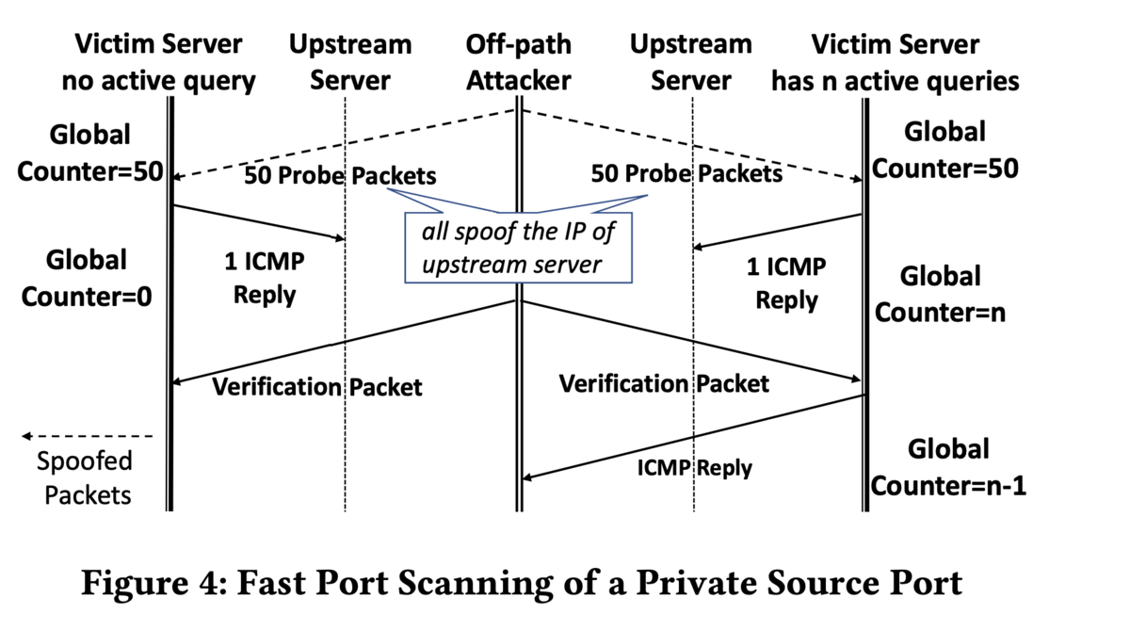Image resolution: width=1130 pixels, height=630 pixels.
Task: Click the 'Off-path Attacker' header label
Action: (519, 62)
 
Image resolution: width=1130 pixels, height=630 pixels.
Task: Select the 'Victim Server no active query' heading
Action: (158, 62)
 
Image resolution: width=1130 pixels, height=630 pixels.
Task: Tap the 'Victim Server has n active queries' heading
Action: (896, 62)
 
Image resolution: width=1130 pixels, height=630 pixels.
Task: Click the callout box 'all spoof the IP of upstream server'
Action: (518, 248)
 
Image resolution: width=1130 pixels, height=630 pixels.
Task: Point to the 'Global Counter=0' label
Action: (87, 278)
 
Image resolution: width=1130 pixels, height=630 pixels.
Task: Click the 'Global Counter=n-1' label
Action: (948, 468)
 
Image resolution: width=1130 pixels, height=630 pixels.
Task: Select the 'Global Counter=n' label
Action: (941, 294)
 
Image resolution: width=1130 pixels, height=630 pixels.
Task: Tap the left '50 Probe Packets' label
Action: (341, 175)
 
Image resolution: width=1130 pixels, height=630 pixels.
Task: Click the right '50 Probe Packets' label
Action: (686, 173)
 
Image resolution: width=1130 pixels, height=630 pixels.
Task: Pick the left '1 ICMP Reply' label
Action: (265, 279)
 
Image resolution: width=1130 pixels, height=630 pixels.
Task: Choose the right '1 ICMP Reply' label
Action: (786, 283)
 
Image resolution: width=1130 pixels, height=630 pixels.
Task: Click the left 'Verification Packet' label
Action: (316, 387)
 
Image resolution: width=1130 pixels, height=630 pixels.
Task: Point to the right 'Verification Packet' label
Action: (664, 384)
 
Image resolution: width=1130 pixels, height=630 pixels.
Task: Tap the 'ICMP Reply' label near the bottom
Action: (695, 468)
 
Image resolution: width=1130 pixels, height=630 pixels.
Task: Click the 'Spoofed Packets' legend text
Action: (85, 477)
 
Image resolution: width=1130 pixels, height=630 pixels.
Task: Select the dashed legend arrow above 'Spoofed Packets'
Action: (87, 436)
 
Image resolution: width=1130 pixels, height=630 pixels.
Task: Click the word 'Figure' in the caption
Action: (136, 583)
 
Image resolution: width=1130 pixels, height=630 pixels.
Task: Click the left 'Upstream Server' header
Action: (350, 62)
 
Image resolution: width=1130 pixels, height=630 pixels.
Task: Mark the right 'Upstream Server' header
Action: (691, 62)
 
